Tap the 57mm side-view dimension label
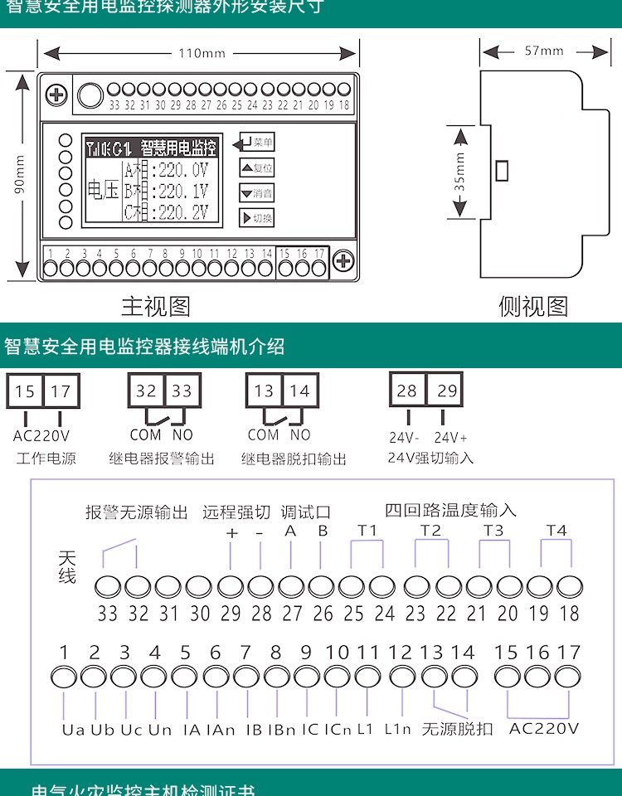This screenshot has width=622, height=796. [x=543, y=51]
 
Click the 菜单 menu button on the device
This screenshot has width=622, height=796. [x=256, y=143]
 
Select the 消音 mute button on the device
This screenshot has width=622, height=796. [x=256, y=193]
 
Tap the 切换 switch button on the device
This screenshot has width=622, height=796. [x=256, y=218]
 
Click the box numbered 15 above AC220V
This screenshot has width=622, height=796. [x=25, y=391]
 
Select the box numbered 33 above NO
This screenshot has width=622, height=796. [x=181, y=391]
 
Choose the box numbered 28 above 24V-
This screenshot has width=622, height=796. [x=407, y=391]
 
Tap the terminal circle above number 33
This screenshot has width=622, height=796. [x=108, y=586]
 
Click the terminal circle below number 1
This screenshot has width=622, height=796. [x=64, y=677]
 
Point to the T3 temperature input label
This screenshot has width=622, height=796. [x=493, y=530]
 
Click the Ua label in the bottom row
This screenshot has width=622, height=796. [x=73, y=730]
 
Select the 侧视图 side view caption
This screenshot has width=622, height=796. [x=533, y=307]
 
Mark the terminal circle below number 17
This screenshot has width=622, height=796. [x=569, y=677]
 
